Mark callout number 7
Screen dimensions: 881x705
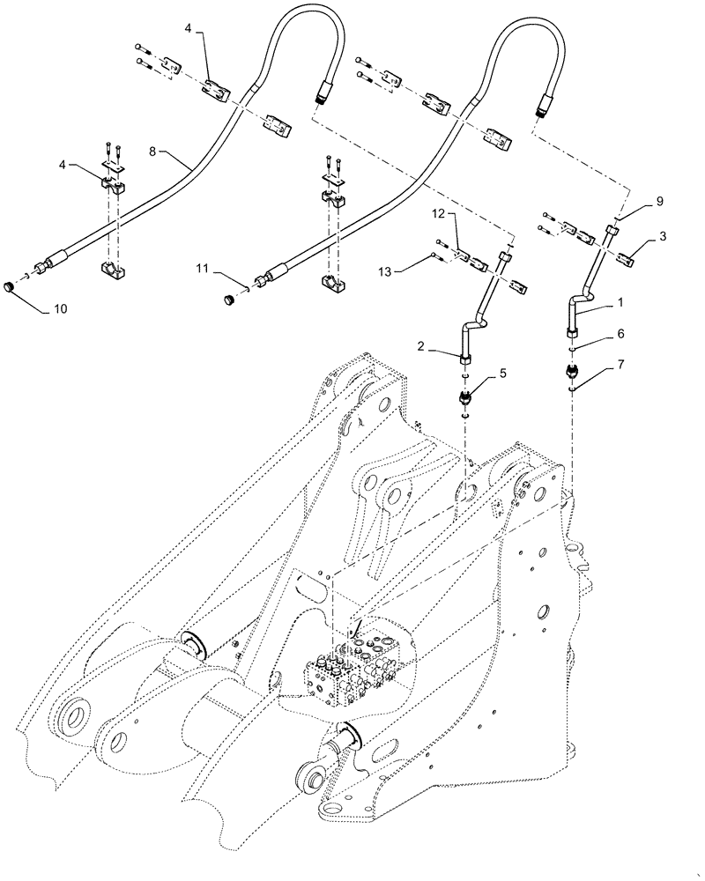(622, 363)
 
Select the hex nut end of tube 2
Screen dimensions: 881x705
(464, 356)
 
